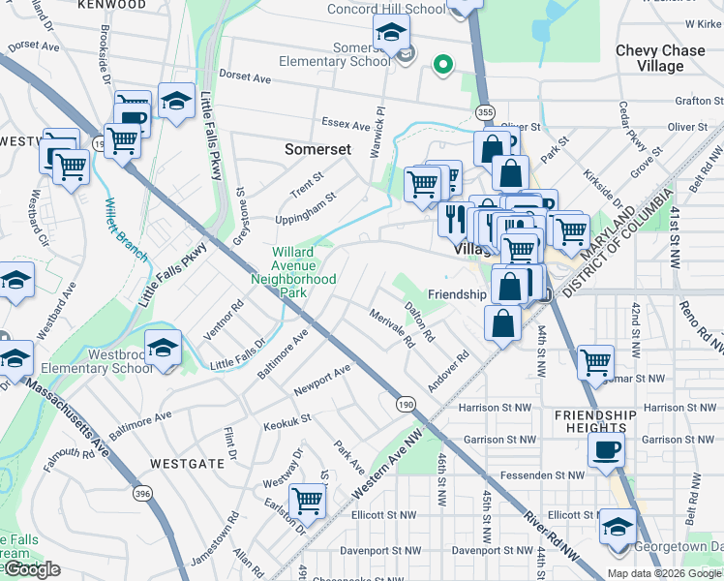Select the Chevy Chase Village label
(x=662, y=58)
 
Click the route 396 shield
(x=144, y=494)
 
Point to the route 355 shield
(x=486, y=112)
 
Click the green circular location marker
(x=443, y=66)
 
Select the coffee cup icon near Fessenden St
(x=607, y=448)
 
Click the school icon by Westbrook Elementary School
(x=163, y=346)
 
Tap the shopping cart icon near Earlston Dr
(x=307, y=501)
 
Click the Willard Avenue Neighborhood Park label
(x=292, y=272)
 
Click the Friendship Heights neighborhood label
(x=596, y=422)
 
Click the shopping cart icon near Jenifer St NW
(x=595, y=362)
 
